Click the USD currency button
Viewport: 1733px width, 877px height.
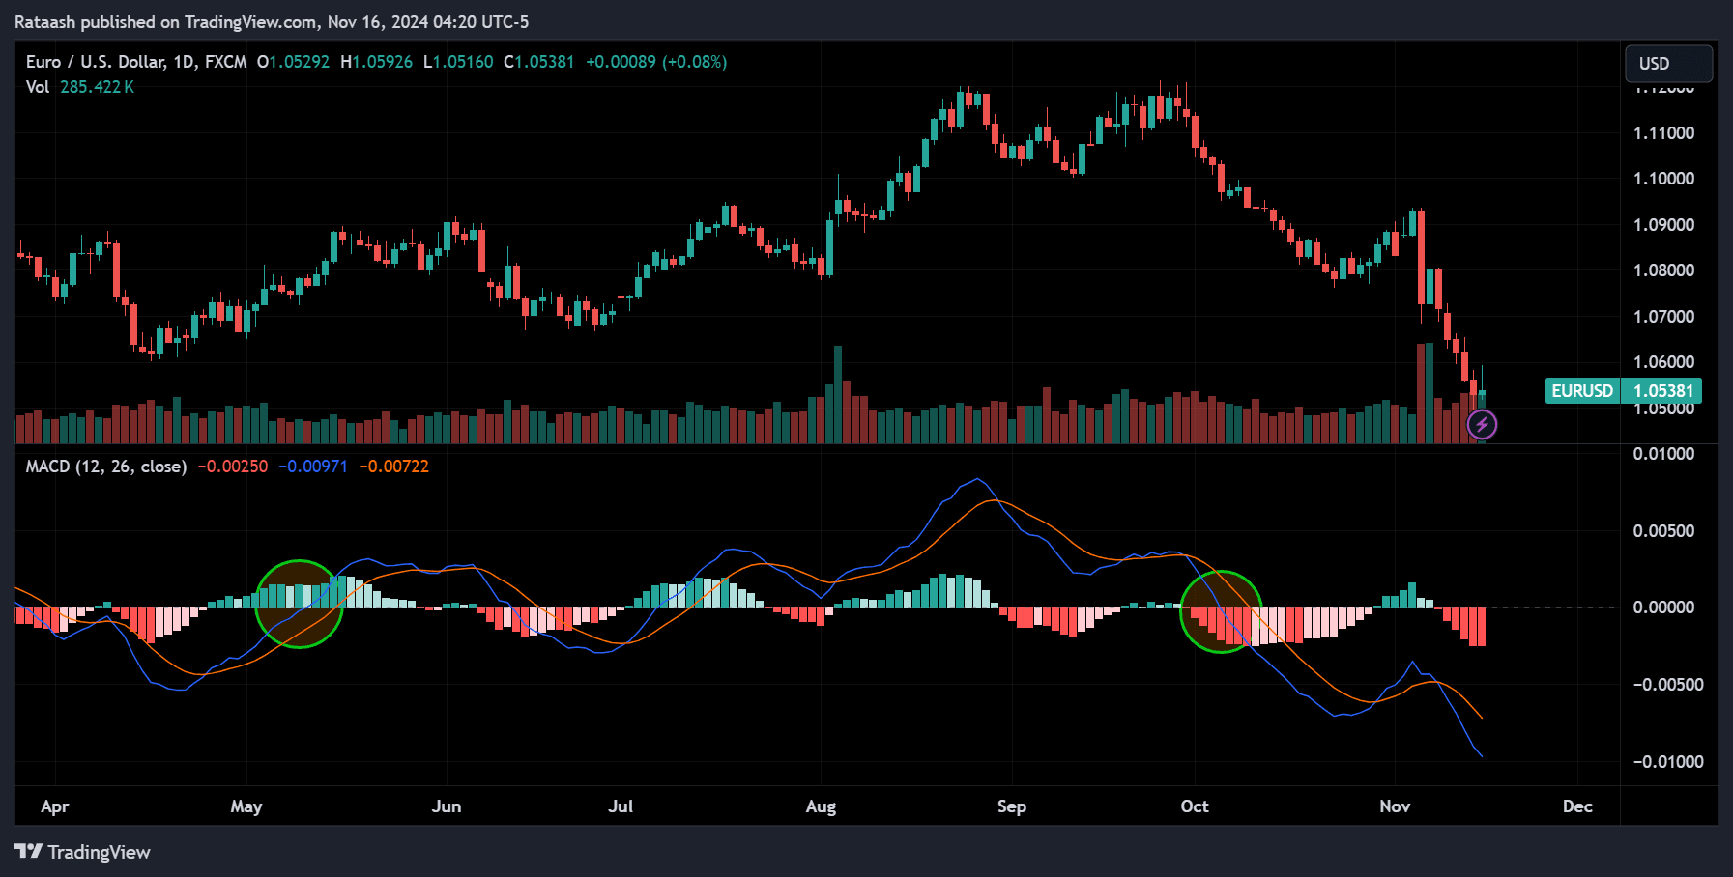point(1667,64)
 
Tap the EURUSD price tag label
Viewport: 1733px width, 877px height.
point(1581,390)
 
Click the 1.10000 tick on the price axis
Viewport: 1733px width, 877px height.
point(1663,179)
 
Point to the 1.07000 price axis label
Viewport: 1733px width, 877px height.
point(1663,317)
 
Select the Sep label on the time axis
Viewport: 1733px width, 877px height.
point(1011,806)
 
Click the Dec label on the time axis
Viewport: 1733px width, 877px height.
point(1576,806)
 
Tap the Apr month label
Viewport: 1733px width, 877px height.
point(55,806)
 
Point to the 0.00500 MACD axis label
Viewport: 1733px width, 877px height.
point(1663,531)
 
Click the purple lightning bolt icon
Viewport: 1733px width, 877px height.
point(1482,424)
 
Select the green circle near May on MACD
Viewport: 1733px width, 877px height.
point(299,604)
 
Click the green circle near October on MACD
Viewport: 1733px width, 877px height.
point(1222,611)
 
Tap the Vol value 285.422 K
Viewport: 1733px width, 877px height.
point(97,87)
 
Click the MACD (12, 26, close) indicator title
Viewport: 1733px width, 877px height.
point(105,467)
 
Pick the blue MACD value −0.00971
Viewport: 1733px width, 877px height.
point(313,467)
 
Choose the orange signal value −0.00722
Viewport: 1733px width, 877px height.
point(393,467)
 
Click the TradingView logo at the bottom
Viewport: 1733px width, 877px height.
point(83,852)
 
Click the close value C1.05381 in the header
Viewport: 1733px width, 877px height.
point(538,62)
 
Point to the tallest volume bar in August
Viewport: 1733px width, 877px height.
point(838,394)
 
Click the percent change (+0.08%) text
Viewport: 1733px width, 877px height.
point(694,62)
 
